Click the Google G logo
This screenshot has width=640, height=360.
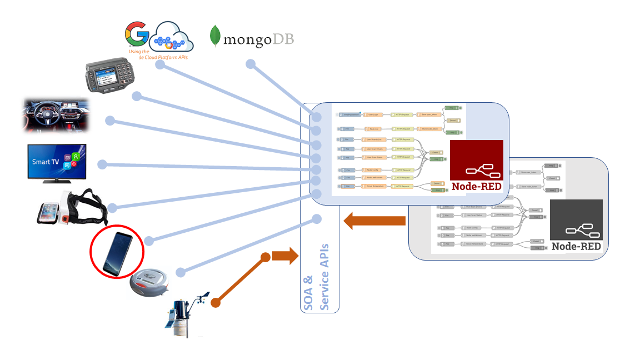pos(137,34)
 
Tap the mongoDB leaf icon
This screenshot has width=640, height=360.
pos(214,36)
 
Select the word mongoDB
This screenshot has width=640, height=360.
pos(258,39)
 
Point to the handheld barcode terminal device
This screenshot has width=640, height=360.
pos(111,76)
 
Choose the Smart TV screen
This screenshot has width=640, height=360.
pos(57,162)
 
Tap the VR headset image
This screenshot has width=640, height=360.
pos(72,208)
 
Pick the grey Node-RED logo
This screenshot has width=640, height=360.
pos(576,226)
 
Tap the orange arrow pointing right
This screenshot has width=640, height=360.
pos(284,257)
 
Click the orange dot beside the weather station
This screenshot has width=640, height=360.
pos(216,303)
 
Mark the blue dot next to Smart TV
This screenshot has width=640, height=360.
pos(102,164)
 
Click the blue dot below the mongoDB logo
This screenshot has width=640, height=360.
pos(251,64)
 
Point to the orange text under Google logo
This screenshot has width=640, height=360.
pos(158,54)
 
